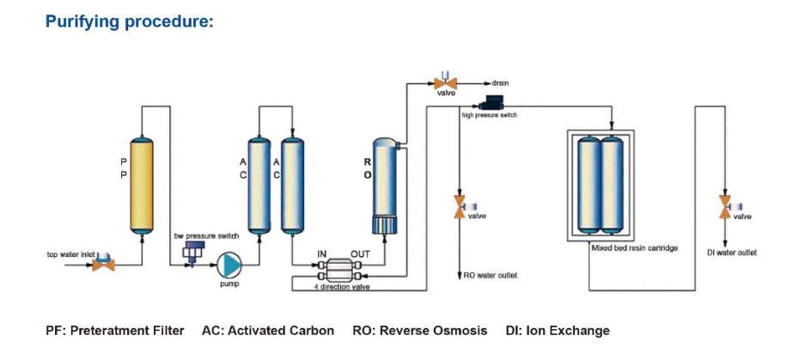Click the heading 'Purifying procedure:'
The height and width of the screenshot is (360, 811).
click(x=129, y=21)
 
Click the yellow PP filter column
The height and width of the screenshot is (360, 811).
click(x=143, y=183)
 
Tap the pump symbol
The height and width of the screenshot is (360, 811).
click(x=228, y=264)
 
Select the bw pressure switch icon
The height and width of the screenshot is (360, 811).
click(x=191, y=252)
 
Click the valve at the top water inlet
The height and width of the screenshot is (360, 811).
click(x=104, y=262)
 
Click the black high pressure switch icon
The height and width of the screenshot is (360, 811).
click(x=497, y=101)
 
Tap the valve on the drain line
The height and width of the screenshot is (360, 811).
click(x=445, y=82)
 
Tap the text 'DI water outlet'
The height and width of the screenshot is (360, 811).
click(x=738, y=253)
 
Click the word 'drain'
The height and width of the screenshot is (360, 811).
click(x=501, y=82)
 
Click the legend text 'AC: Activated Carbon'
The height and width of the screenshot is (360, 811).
click(x=268, y=331)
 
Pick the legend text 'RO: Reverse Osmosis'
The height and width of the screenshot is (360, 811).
click(x=420, y=331)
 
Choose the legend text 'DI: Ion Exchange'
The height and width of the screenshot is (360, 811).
click(x=558, y=331)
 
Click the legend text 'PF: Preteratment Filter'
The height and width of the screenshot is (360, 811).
click(x=115, y=331)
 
